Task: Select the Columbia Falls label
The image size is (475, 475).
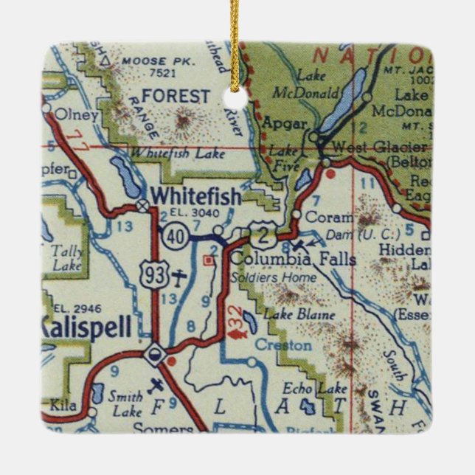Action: [293, 260]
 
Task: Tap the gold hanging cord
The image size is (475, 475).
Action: [237, 37]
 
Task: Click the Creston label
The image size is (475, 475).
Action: [277, 344]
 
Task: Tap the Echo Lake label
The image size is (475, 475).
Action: [306, 389]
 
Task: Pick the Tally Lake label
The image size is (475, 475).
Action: [67, 254]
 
